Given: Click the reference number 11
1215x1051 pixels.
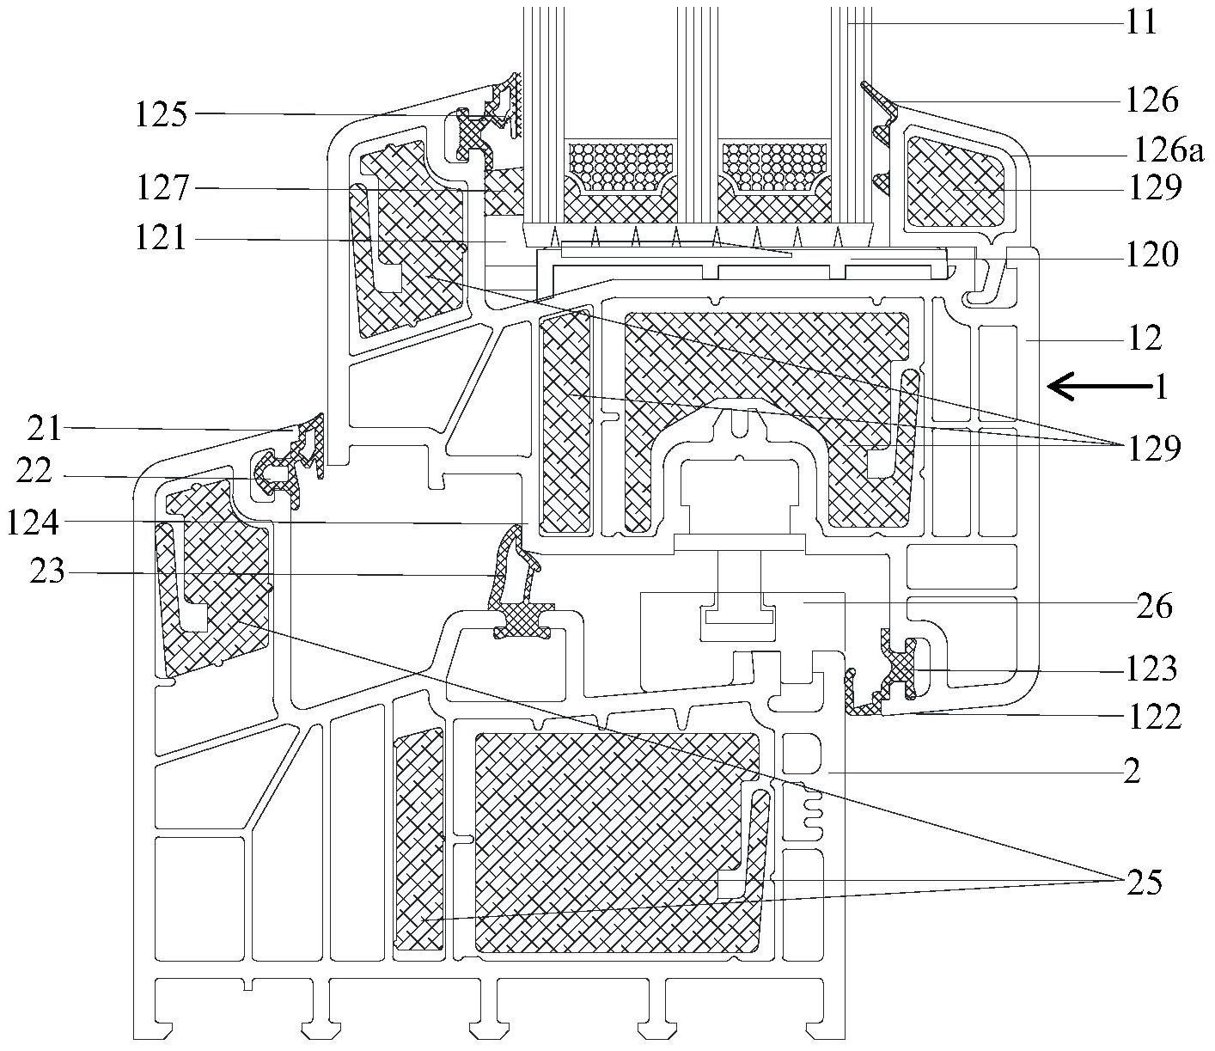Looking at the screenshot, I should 1142,21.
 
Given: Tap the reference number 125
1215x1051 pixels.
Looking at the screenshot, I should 161,114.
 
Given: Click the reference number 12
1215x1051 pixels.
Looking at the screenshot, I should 1142,339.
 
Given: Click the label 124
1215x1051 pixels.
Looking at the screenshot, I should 34,522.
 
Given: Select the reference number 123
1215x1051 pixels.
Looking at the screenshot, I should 1152,669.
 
